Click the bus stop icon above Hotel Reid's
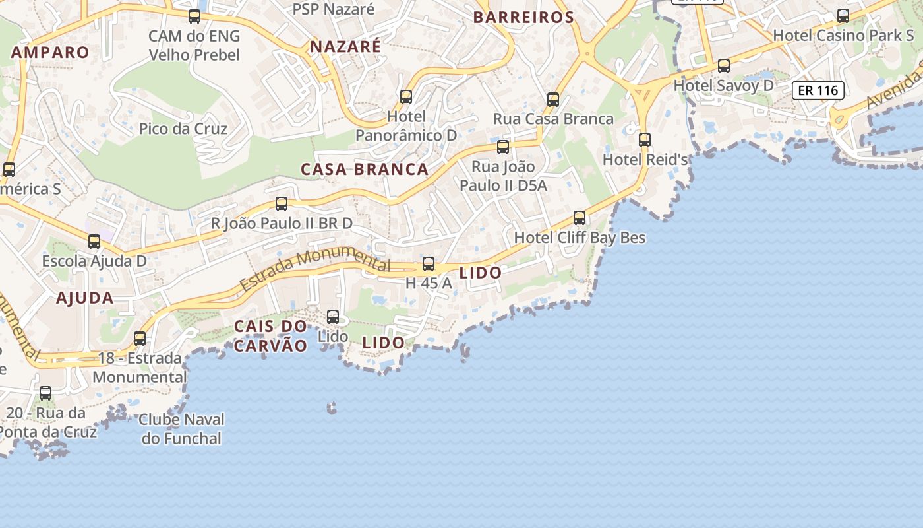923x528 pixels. [645, 139]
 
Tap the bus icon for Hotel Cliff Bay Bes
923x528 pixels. [580, 217]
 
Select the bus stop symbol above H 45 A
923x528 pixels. [429, 264]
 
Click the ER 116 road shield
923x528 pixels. [818, 90]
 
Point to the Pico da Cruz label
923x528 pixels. [183, 129]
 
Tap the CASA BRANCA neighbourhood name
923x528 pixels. [365, 170]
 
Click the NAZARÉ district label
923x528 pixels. [345, 47]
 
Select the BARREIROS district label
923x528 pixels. [523, 18]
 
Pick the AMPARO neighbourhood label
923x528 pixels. [50, 53]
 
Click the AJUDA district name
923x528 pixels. [85, 298]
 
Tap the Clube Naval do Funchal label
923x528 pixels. [182, 428]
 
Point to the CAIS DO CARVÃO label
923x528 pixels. [271, 336]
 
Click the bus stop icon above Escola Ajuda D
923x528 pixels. [94, 242]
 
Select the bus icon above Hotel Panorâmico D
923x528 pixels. [406, 97]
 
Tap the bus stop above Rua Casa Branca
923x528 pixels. [553, 100]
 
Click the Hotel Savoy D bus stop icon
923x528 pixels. [724, 66]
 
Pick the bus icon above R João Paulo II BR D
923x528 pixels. [282, 204]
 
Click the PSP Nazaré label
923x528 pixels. [334, 9]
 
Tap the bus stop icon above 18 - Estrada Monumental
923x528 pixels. [140, 339]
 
